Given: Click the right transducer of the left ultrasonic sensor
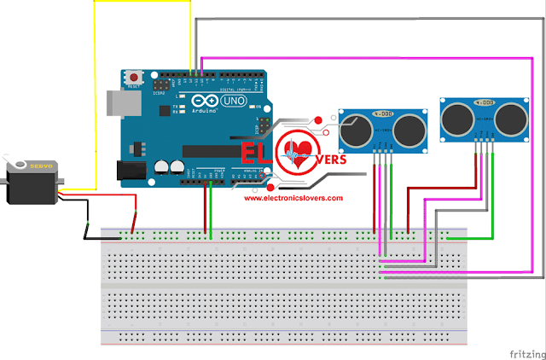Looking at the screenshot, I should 410,128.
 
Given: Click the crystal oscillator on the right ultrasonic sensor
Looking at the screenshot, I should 483,102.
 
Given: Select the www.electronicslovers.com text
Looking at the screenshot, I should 293,198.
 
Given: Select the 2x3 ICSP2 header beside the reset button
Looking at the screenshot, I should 162,87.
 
